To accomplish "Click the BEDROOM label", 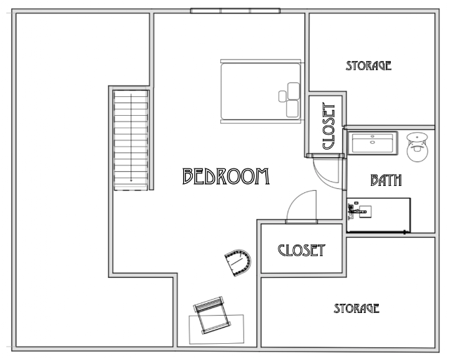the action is point(226,176).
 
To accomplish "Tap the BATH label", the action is point(386,180).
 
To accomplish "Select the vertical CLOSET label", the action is point(329,126).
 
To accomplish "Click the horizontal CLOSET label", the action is point(302,250).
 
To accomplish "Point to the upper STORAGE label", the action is point(368,65).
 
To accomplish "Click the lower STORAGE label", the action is point(356,308).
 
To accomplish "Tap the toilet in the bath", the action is point(417,147).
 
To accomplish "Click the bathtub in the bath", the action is point(373,143).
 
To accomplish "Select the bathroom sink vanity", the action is point(379,215).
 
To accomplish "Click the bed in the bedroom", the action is point(261,91).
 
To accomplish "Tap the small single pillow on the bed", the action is point(282,96).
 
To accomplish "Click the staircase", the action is point(131,140).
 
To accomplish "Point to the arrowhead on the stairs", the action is point(131,180).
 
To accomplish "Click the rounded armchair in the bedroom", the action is point(238,262).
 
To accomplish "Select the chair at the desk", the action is point(212,315).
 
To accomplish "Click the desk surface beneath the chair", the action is point(217,329).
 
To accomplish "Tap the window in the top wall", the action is point(236,11).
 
